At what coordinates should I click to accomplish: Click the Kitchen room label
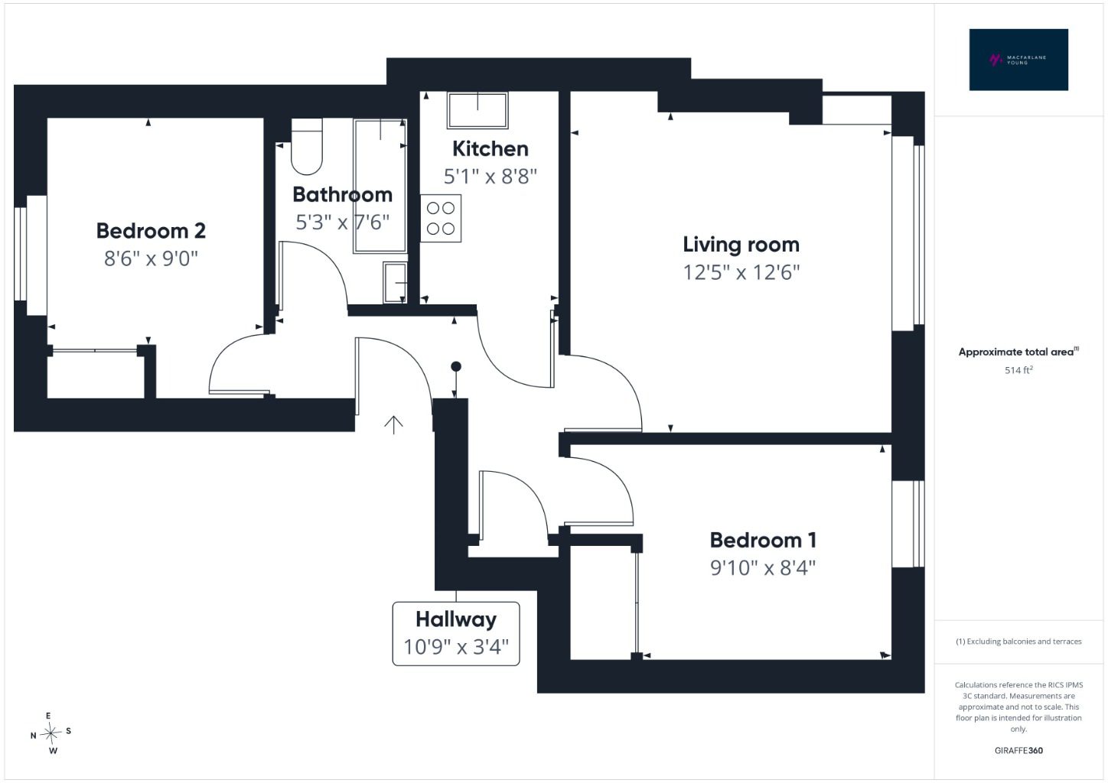click(x=490, y=149)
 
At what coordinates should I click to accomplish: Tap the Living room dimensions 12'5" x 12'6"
click(x=741, y=272)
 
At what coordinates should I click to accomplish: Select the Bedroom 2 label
click(x=151, y=231)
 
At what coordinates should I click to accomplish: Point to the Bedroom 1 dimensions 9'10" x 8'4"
click(x=763, y=568)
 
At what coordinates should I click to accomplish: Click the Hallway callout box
click(x=456, y=634)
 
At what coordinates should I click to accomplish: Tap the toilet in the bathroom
click(x=307, y=146)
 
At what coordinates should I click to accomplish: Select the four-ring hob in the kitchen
click(x=441, y=218)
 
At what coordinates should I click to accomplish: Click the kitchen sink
click(x=477, y=110)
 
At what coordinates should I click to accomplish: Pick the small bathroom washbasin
click(x=395, y=283)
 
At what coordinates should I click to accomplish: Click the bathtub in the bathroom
click(x=380, y=186)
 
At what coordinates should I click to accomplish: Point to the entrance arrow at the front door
click(x=393, y=425)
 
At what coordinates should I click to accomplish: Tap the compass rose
click(x=51, y=733)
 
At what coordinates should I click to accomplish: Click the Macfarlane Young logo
click(x=1018, y=60)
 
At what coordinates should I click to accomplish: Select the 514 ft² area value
click(x=1018, y=370)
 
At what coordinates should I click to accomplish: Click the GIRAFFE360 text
click(x=1018, y=750)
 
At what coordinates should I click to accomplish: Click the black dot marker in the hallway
click(x=456, y=366)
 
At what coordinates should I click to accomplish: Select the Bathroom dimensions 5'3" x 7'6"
click(x=342, y=223)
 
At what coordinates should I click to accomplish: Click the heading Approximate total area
click(x=1018, y=352)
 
